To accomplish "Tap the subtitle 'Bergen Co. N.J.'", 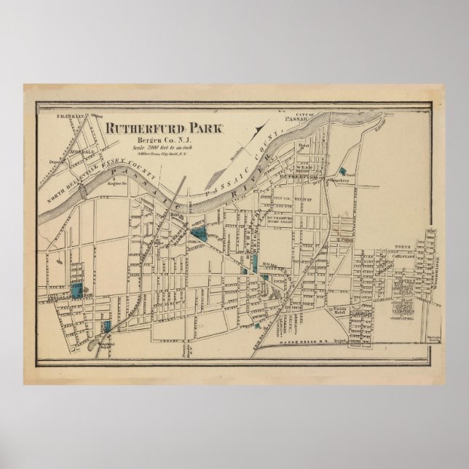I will click(x=156, y=140).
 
